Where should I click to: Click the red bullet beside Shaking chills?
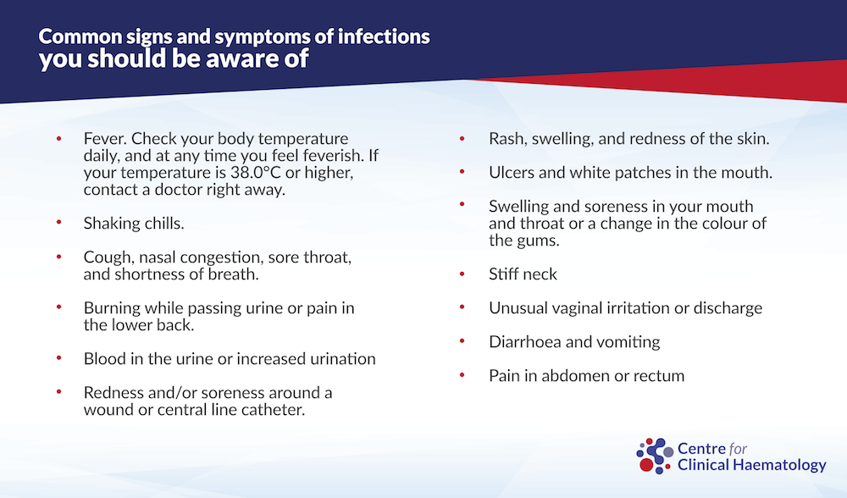[x=59, y=222]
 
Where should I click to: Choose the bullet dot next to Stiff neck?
[x=462, y=274]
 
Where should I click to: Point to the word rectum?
[x=661, y=376]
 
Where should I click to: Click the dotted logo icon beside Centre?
[x=655, y=456]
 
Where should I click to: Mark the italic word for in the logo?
[x=738, y=448]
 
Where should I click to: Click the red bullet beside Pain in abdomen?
[x=462, y=375]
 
